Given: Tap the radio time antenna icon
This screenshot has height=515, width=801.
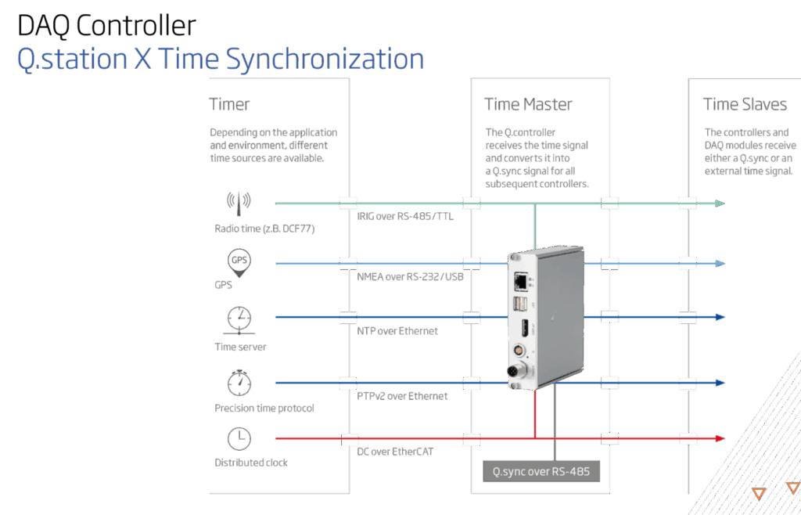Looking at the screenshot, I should pyautogui.click(x=239, y=201).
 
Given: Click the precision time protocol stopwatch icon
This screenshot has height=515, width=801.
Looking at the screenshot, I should pyautogui.click(x=239, y=383).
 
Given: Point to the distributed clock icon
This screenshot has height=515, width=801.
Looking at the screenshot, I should pyautogui.click(x=239, y=439).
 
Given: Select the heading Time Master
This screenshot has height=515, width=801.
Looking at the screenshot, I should pyautogui.click(x=528, y=104).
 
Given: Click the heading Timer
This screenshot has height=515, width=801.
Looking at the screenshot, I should pyautogui.click(x=229, y=104).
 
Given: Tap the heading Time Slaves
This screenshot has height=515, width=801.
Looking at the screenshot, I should pyautogui.click(x=744, y=104).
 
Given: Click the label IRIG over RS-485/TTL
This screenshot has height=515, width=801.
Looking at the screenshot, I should pyautogui.click(x=405, y=217).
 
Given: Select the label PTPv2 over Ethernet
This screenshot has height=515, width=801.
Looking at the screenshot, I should pyautogui.click(x=402, y=396).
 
